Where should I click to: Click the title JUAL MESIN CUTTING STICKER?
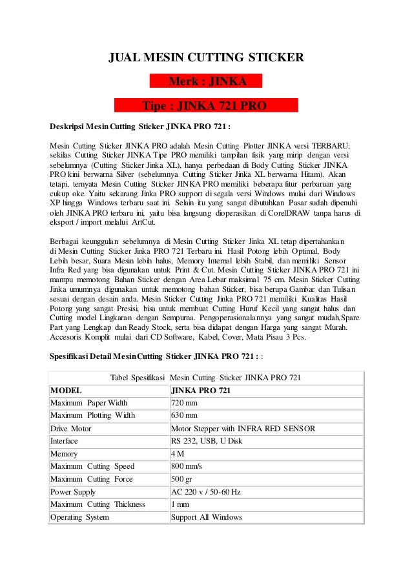click(205, 59)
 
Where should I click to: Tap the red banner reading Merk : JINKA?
click(206, 81)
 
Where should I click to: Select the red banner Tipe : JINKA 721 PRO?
click(205, 105)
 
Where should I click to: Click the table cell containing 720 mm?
click(184, 403)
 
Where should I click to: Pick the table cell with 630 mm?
click(184, 415)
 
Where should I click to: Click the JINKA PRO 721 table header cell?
click(201, 391)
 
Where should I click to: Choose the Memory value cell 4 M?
click(178, 454)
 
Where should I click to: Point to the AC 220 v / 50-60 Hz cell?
click(205, 492)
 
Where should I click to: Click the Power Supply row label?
click(73, 492)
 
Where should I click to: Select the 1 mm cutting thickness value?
click(180, 504)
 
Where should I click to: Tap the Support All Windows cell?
click(206, 517)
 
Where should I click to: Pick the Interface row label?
click(64, 441)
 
